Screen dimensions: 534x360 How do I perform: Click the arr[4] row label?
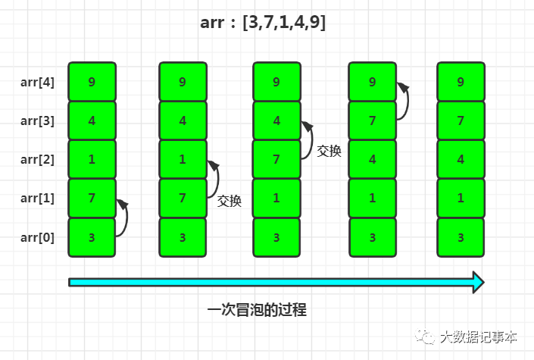pos(37,82)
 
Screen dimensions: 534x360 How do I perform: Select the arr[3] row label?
pos(37,121)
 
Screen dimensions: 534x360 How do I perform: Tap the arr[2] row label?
pos(37,159)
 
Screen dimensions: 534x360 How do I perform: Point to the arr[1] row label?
pos(37,199)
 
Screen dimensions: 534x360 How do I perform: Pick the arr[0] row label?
pos(37,237)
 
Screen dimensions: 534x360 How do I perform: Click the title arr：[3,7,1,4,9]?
pos(263,23)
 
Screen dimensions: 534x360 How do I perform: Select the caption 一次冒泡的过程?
pos(257,310)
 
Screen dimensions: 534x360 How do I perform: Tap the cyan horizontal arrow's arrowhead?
pos(476,282)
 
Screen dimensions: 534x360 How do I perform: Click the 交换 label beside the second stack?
pos(230,201)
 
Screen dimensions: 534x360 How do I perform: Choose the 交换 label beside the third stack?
pos(329,151)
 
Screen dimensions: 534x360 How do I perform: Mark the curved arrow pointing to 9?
pos(408,102)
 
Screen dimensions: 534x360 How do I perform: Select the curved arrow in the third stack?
pos(310,141)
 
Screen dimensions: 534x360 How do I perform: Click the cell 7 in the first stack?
pos(92,199)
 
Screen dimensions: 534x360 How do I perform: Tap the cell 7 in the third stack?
pos(276,159)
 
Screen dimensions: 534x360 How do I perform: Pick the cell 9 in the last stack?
pos(461,82)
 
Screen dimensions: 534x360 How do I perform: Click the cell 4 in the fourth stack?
pos(372,159)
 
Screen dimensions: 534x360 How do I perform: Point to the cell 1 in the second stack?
pos(183,159)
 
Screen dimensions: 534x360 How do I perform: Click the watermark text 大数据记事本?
pos(479,337)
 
